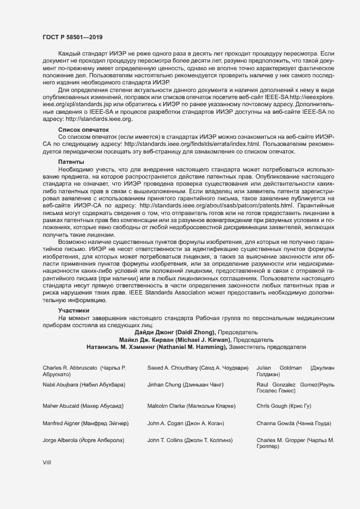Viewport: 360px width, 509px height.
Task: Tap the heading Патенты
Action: pos(71,162)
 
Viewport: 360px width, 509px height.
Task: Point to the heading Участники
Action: pos(74,310)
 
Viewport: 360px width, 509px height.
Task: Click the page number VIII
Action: pos(47,462)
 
